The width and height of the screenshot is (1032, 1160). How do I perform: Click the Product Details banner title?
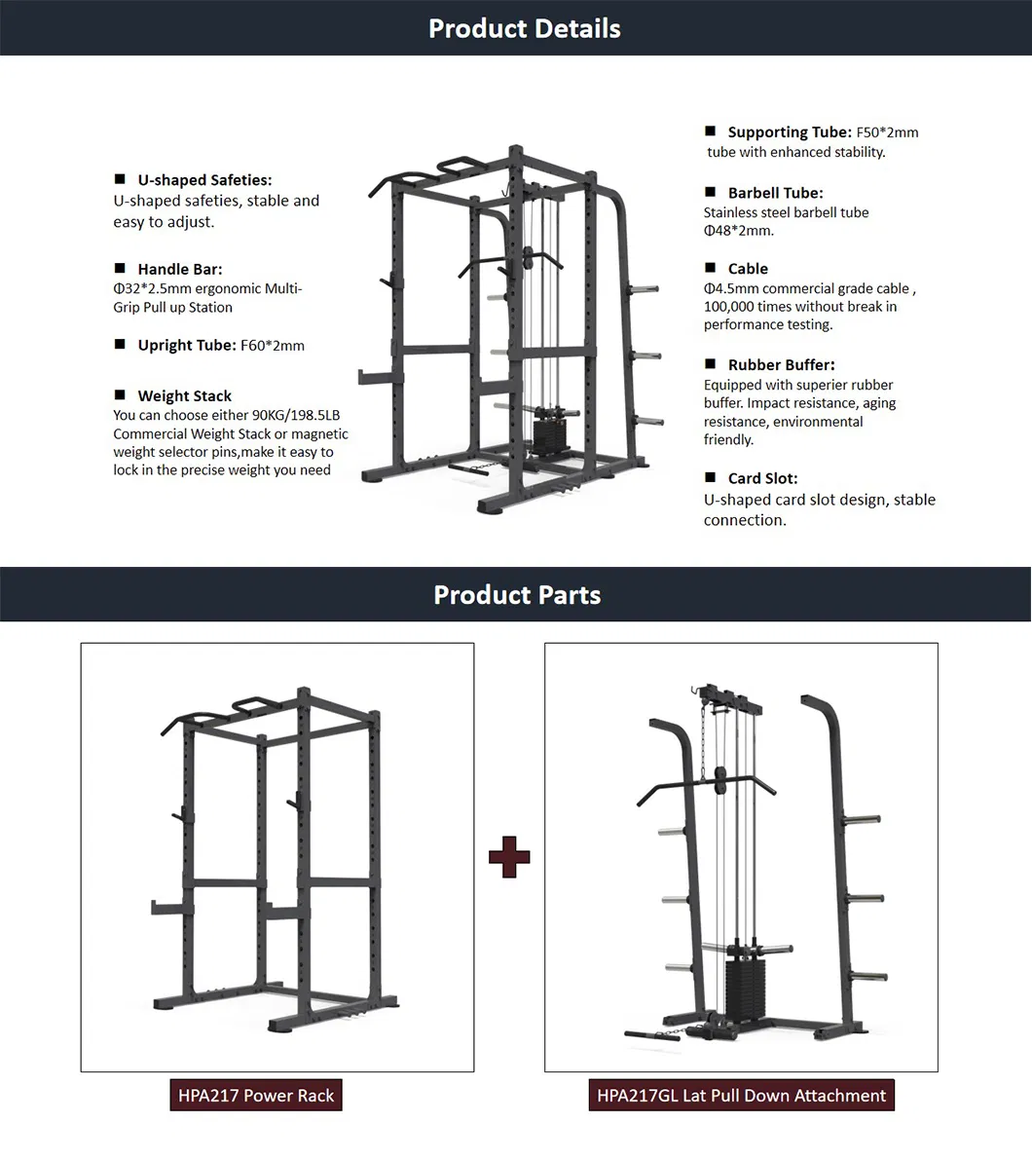click(524, 29)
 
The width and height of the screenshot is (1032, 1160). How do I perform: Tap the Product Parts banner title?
click(517, 595)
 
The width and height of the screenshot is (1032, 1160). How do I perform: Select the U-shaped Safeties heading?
click(204, 180)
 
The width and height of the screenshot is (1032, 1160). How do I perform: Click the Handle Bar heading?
click(180, 269)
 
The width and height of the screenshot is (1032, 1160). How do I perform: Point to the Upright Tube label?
click(187, 346)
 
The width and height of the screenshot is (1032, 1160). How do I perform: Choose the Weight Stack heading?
click(185, 395)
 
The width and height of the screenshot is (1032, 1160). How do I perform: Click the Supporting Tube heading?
click(790, 132)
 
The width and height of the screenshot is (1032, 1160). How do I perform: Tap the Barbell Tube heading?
click(776, 193)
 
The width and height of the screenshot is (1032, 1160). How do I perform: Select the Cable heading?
click(748, 269)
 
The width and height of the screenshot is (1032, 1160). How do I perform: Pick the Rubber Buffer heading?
click(782, 364)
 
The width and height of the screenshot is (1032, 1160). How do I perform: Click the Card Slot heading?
click(763, 478)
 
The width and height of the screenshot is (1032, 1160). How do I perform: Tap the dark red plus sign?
click(509, 857)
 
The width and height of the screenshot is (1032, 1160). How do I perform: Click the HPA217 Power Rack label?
click(256, 1096)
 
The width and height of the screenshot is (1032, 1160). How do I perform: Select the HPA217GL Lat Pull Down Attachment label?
click(742, 1096)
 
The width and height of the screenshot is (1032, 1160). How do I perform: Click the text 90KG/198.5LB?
click(296, 415)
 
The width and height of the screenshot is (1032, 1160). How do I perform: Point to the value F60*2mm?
click(273, 346)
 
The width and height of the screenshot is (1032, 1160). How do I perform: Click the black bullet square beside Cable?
click(711, 267)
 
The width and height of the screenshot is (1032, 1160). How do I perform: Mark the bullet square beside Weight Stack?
click(120, 394)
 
